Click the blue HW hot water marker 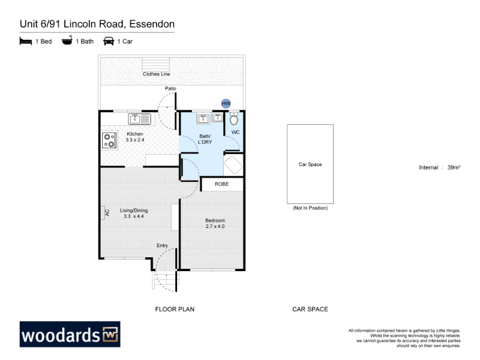(226, 103)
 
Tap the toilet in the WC (234, 119)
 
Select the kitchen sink (140, 119)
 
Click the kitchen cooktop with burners (109, 140)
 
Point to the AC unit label (107, 212)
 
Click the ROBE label (222, 184)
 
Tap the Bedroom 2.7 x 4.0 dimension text (215, 226)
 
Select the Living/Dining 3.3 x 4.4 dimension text (134, 216)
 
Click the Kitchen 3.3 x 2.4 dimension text (135, 140)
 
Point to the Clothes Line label (157, 74)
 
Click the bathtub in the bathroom (233, 166)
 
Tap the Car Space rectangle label (310, 164)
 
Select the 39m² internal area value (454, 167)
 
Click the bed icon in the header (26, 41)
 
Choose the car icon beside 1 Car (109, 41)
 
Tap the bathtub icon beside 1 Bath (67, 40)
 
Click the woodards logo (70, 334)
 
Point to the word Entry (162, 245)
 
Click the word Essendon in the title (152, 24)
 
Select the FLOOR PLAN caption (175, 309)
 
